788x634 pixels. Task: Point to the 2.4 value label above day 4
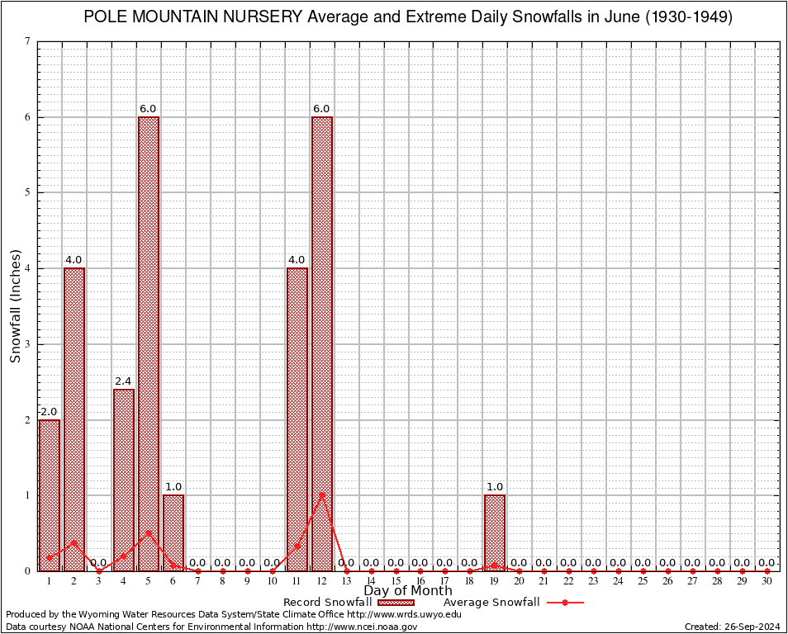tap(124, 381)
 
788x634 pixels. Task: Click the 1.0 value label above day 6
tap(173, 487)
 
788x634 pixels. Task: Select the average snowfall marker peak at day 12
tap(322, 495)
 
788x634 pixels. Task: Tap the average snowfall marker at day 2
tap(74, 542)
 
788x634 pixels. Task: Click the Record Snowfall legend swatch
tap(396, 603)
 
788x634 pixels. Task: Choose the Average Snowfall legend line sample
tap(565, 603)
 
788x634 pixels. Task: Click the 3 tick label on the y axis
tap(28, 344)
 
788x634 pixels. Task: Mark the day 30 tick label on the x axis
tap(767, 582)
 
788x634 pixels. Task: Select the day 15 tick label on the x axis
tap(396, 582)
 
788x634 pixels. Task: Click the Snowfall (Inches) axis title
tap(15, 305)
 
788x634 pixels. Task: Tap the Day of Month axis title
tap(408, 591)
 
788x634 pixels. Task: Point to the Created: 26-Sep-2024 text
tap(733, 627)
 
